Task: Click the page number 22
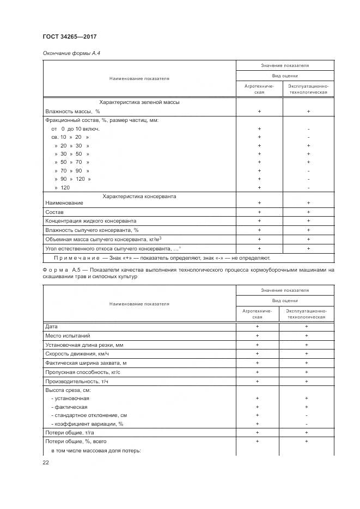click(x=46, y=462)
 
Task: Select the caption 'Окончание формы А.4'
click(x=71, y=53)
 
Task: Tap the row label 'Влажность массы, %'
click(x=69, y=111)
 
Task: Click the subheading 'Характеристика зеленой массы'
click(x=139, y=102)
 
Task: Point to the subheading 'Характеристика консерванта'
click(x=139, y=196)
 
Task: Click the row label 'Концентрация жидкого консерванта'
click(x=90, y=221)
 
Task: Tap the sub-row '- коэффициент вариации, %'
click(x=88, y=424)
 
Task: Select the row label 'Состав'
click(x=54, y=212)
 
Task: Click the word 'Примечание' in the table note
click(x=76, y=258)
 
